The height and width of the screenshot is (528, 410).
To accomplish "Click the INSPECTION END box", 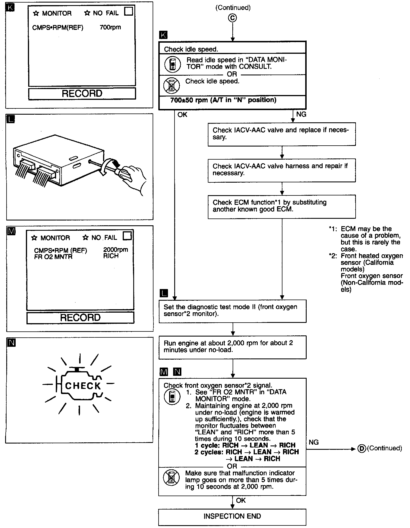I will click(232, 516).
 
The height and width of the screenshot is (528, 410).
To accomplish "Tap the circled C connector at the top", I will click(233, 18).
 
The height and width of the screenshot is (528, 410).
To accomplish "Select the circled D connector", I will click(361, 449).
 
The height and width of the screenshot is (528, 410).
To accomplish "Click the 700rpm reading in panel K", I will click(110, 28).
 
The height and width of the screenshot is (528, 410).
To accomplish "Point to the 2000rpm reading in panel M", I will click(115, 250).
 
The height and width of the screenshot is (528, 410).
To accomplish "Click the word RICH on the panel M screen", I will click(111, 256).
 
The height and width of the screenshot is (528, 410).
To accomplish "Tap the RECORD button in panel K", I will click(82, 94).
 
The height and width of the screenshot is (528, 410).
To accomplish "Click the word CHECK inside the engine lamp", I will click(83, 386).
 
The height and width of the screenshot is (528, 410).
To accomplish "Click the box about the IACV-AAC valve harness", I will click(282, 170).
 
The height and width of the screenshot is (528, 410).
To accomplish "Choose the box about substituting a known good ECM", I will click(282, 206).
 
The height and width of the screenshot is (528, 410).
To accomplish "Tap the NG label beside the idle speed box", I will click(301, 114).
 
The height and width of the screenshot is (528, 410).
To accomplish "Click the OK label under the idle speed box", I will click(182, 115).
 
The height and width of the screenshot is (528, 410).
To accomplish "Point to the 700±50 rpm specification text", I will click(223, 100).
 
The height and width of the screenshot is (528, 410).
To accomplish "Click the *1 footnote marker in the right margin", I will click(332, 229).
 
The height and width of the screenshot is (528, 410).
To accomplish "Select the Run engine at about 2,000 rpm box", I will click(232, 347).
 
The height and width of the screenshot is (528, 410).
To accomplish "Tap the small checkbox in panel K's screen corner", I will click(129, 12).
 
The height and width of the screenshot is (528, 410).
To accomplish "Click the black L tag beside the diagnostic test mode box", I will click(164, 293).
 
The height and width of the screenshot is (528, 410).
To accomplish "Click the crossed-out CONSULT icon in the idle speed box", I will click(171, 85).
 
